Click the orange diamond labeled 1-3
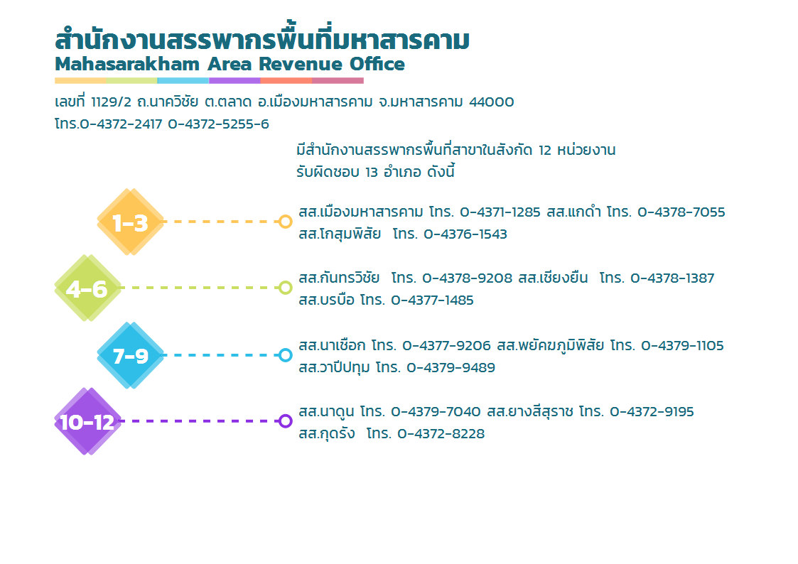coord(131,222)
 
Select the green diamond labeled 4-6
coord(88,288)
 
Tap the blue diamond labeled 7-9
coord(131,355)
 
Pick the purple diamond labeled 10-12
coord(88,421)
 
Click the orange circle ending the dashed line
coord(286,222)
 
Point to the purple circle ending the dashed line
coord(286,421)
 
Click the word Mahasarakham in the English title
coord(127,64)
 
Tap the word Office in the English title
coord(377,64)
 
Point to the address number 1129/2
coord(111,102)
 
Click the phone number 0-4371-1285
coord(500,212)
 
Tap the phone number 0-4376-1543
coord(465,234)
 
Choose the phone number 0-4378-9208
coord(467,278)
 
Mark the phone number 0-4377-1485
coord(432,300)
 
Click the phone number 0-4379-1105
coord(682,346)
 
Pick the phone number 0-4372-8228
coord(441,434)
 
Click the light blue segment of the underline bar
coord(183,80)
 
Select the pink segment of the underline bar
coord(338,80)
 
